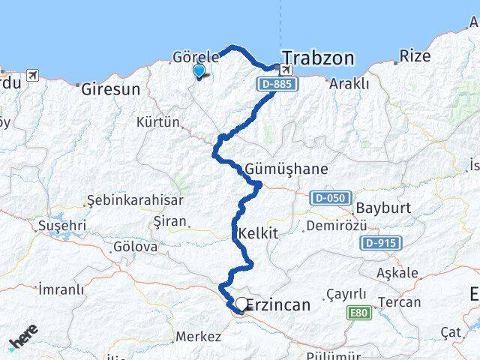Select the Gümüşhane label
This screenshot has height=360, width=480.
click(286, 169)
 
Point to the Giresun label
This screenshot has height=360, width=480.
click(110, 88)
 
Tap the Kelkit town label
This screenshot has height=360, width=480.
click(257, 234)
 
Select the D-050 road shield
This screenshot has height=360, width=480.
click(328, 197)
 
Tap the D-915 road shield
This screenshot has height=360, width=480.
click(381, 243)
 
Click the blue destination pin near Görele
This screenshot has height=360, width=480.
click(199, 71)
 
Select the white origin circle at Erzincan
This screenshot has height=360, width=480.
click(241, 304)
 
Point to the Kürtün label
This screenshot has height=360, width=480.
click(159, 121)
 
